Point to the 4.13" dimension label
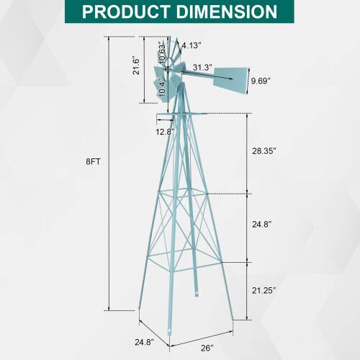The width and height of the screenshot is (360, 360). click(191, 45)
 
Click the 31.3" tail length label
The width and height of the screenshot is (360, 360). click(202, 67)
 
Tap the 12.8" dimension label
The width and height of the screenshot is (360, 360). click(165, 132)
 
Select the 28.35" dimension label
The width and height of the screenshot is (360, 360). click(265, 151)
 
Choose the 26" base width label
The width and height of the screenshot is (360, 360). click(208, 347)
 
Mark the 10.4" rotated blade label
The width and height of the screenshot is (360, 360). click(162, 89)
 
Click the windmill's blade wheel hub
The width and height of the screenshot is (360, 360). click(171, 70)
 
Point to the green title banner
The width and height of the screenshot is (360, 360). click(179, 12)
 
